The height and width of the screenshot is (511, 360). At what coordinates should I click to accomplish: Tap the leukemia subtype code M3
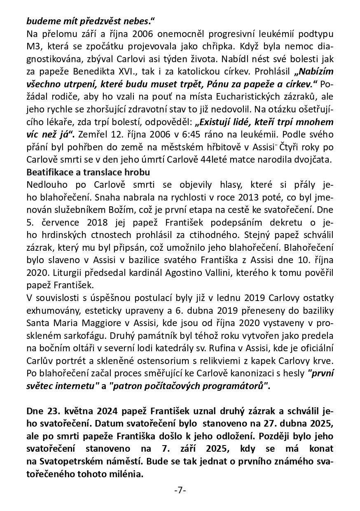tap(33, 45)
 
